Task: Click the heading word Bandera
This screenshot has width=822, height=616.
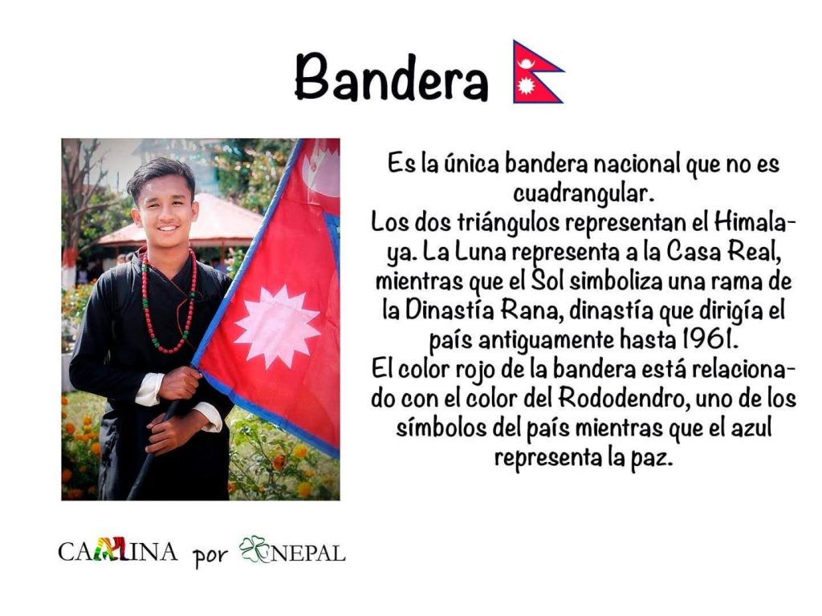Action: pyautogui.click(x=392, y=77)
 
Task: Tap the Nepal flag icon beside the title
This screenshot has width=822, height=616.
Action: pyautogui.click(x=537, y=72)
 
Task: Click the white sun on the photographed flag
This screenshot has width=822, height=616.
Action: pyautogui.click(x=277, y=326)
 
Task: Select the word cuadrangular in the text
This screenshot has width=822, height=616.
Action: pyautogui.click(x=584, y=194)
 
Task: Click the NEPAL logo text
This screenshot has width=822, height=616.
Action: pyautogui.click(x=307, y=553)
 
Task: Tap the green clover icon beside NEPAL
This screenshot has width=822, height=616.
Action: pyautogui.click(x=254, y=549)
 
